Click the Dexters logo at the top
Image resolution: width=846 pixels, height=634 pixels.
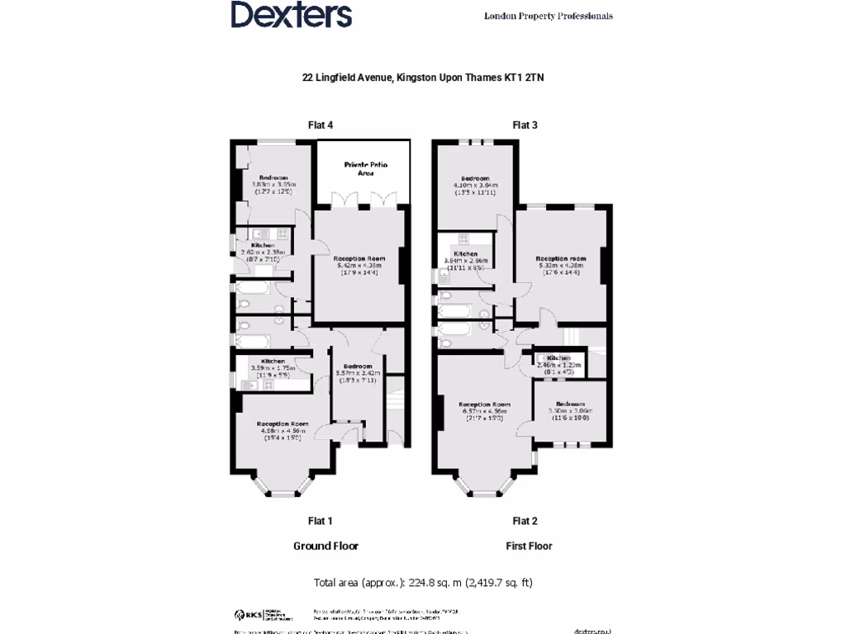point(291,15)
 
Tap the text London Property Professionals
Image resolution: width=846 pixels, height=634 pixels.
point(548,16)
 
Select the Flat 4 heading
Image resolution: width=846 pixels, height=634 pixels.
point(320,125)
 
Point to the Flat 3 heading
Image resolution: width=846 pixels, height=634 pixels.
point(525,125)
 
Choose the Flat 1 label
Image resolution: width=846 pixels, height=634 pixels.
point(320,521)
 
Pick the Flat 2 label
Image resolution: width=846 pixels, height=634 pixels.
point(525,521)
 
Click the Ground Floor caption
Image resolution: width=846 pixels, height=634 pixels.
point(326,546)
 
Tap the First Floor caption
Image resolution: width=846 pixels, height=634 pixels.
point(529,546)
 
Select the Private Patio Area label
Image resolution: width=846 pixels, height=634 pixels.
point(365,169)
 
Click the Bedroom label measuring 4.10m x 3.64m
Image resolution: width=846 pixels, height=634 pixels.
point(475,179)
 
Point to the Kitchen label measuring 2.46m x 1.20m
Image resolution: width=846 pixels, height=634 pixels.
point(558,357)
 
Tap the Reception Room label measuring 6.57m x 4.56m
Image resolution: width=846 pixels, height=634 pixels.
point(483,405)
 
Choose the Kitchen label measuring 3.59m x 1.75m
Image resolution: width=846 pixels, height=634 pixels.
point(273,362)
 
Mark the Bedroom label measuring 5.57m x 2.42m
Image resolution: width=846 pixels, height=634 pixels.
point(358,367)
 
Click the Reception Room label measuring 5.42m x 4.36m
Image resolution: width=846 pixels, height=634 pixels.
point(357,259)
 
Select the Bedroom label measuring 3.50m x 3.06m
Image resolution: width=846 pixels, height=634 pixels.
point(571,405)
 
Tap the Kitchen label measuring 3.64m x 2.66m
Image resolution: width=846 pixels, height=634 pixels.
point(465,253)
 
